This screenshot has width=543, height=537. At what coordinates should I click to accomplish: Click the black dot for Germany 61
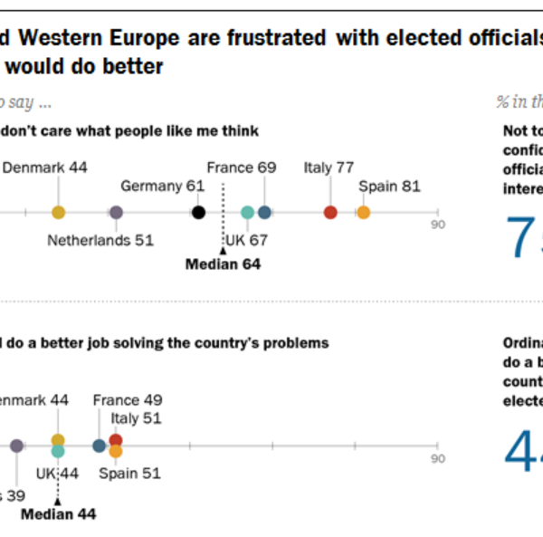(x=199, y=212)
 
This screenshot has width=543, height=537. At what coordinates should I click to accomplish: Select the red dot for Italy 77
(x=330, y=212)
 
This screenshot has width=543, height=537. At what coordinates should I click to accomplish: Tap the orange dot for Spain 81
(x=363, y=212)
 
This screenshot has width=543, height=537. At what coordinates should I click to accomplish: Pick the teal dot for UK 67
(x=248, y=212)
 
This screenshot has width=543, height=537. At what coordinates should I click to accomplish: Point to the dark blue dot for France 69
(x=264, y=212)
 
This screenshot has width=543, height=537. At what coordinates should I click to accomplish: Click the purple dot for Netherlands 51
(x=116, y=212)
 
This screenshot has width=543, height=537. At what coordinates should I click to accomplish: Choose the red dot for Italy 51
(x=116, y=440)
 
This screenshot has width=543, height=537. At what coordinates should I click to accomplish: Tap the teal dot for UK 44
(x=58, y=450)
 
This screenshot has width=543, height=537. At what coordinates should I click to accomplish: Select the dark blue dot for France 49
(x=99, y=446)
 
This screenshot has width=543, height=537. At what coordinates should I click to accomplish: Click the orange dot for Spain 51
(x=116, y=450)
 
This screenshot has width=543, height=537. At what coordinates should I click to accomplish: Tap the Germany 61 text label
(x=162, y=187)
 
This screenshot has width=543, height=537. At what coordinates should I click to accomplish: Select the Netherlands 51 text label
(x=100, y=241)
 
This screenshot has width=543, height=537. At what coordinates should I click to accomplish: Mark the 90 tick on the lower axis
(x=437, y=458)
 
